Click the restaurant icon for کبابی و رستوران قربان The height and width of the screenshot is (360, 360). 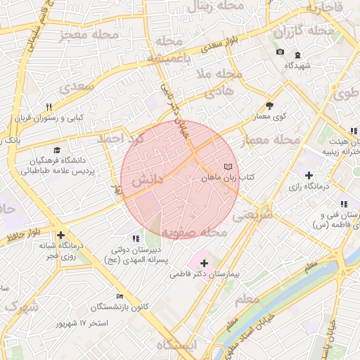click(x=48, y=108)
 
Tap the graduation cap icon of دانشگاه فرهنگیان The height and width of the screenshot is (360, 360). click(x=57, y=150)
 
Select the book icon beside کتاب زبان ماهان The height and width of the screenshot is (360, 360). click(x=226, y=167)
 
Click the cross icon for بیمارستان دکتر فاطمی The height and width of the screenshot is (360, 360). click(x=204, y=262)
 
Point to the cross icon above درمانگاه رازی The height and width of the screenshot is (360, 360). click(x=309, y=175)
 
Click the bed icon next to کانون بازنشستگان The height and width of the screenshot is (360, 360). click(x=120, y=296)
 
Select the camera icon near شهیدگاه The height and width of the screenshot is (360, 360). click(x=280, y=53)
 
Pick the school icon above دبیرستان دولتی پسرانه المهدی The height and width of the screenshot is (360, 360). click(x=136, y=238)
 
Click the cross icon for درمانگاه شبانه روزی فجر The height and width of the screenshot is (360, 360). click(x=61, y=236)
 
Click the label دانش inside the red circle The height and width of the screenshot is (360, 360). click(x=148, y=181)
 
